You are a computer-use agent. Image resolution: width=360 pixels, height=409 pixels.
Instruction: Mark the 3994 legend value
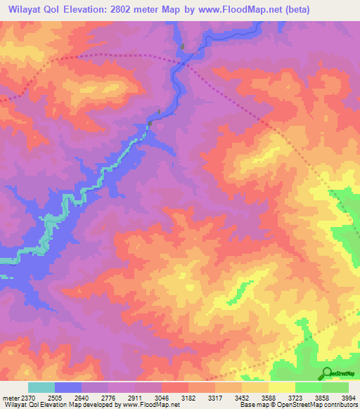click(x=349, y=398)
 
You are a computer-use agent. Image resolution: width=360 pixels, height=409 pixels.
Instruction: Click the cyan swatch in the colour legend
click(x=41, y=387)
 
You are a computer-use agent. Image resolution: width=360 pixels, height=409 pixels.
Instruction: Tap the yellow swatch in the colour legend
click(x=282, y=387)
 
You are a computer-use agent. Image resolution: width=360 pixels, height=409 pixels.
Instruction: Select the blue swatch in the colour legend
click(x=68, y=387)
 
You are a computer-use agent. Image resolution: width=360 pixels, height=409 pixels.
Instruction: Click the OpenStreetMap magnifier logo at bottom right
click(x=326, y=373)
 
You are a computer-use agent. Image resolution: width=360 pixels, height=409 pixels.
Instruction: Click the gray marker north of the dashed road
click(x=183, y=47)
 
